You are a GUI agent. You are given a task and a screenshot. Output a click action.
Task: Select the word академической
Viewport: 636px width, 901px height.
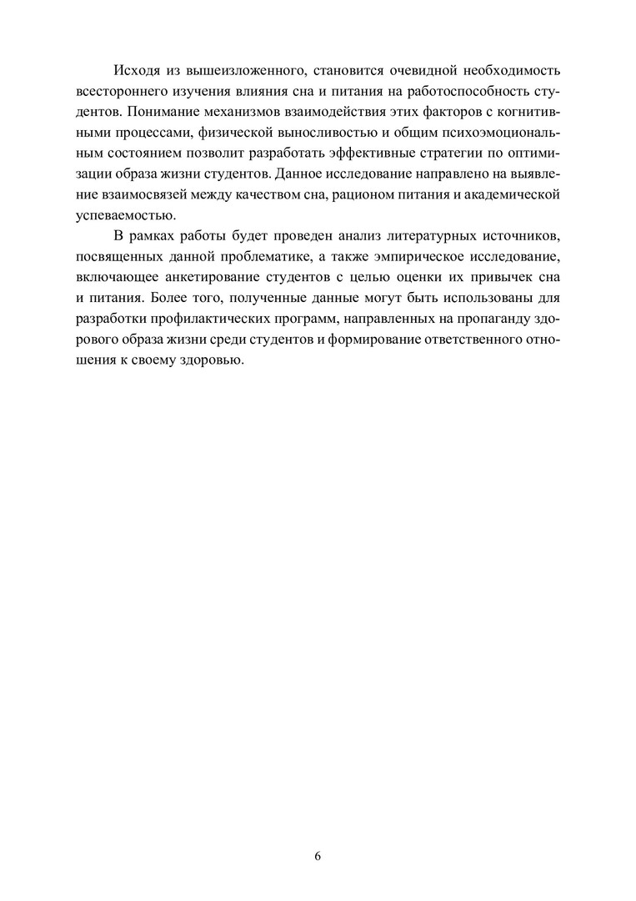[x=509, y=197]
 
